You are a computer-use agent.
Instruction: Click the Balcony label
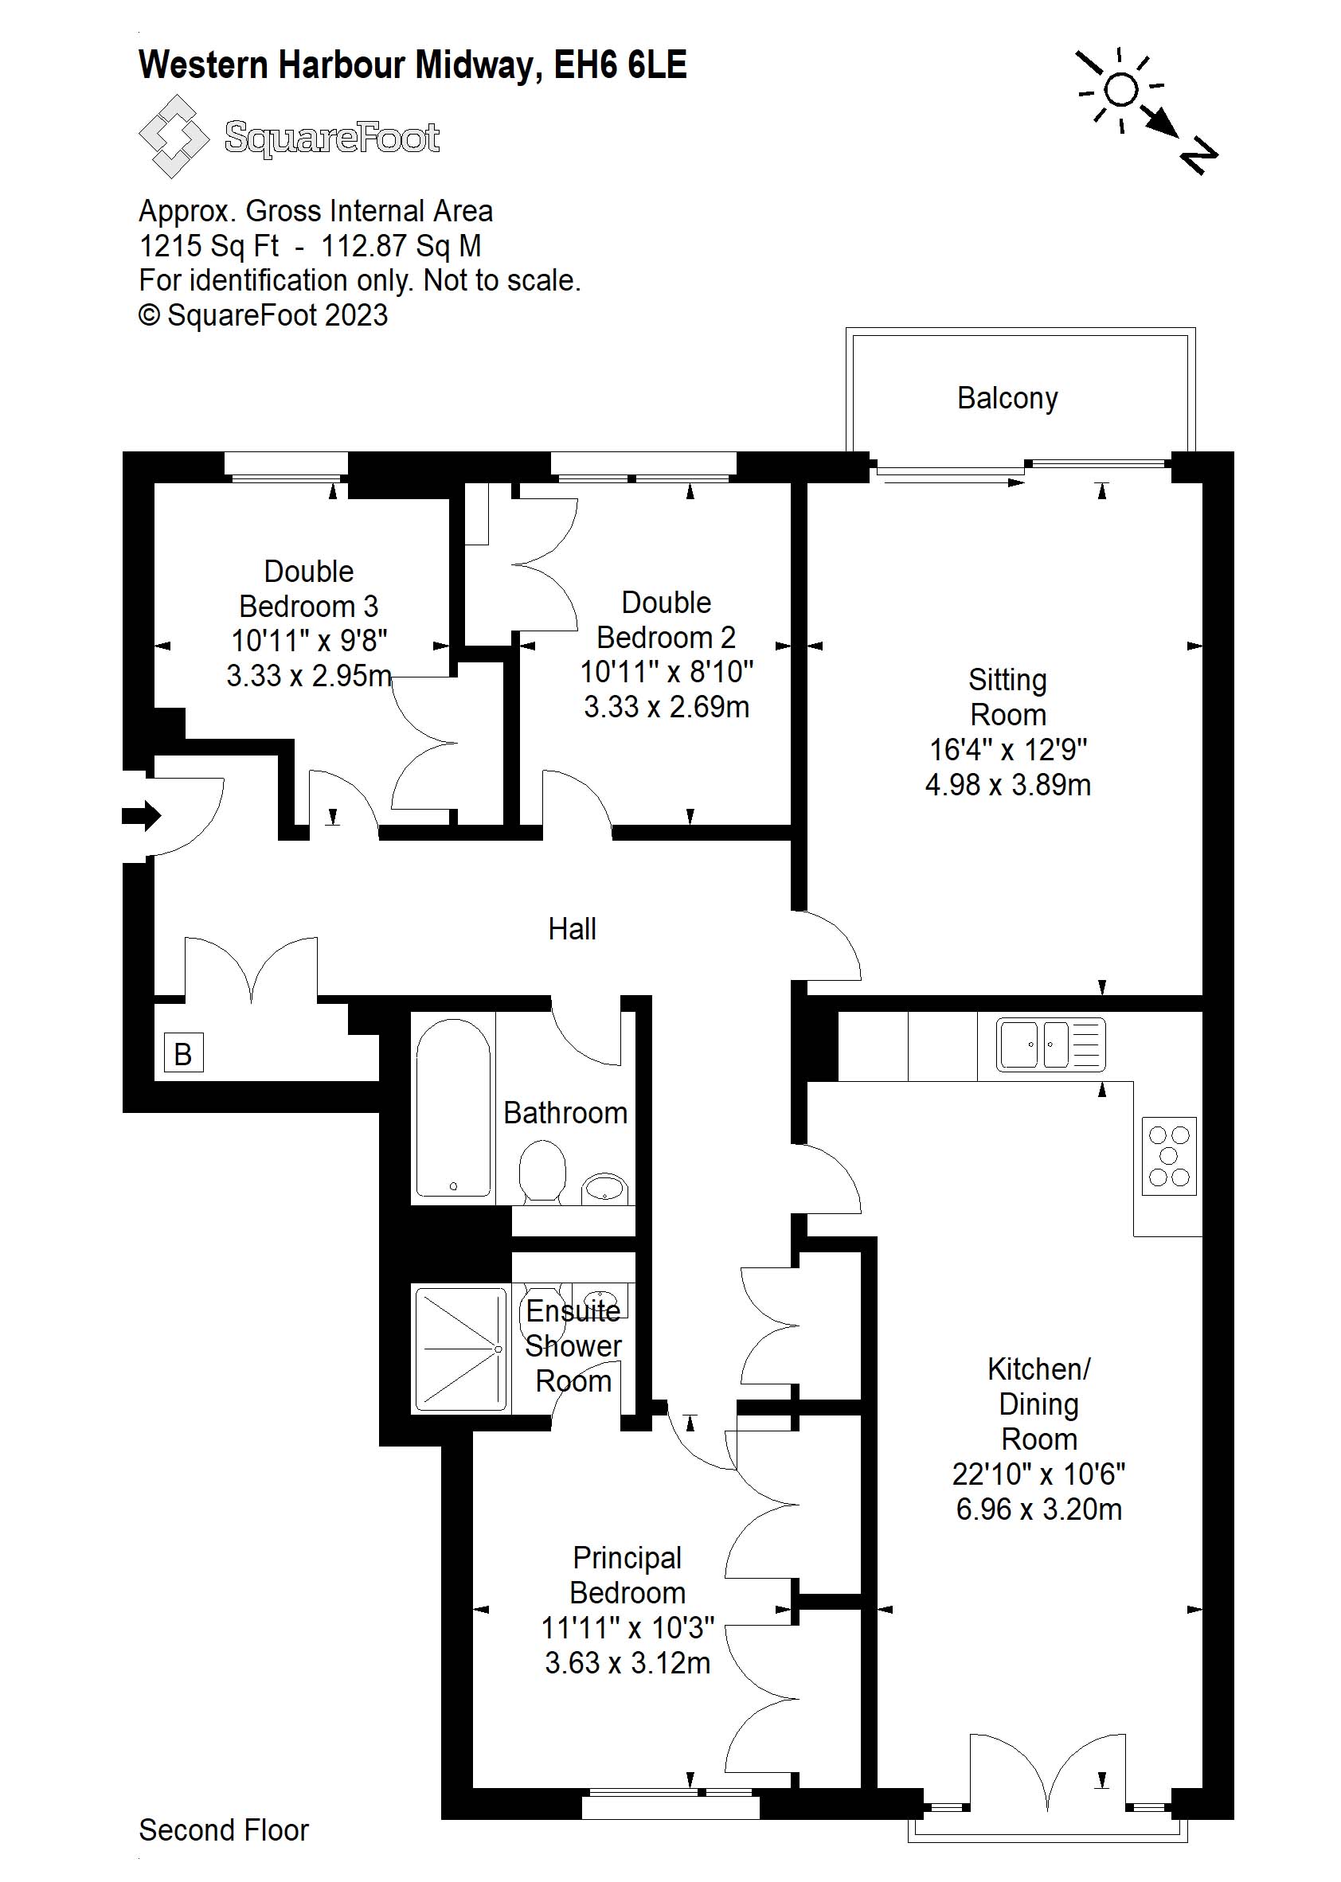coord(1007,399)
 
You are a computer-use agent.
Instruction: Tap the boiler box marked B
coord(183,1053)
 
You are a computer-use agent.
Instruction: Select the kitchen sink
coord(1050,1044)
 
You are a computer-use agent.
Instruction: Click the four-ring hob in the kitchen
coord(1168,1156)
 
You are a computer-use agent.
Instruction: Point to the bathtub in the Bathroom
coord(453,1107)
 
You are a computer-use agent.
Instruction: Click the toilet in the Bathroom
coord(542,1170)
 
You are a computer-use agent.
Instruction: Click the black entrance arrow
coord(141,815)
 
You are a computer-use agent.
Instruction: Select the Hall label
coord(573,929)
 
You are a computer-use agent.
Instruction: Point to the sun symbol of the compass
coord(1120,90)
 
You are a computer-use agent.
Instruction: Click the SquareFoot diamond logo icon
coord(174,136)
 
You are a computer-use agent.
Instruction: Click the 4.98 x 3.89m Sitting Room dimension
coord(1007,784)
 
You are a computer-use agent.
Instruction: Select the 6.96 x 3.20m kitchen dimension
coord(1038,1509)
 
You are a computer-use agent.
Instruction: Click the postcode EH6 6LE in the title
coord(620,65)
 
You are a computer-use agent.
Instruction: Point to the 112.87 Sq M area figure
coord(401,246)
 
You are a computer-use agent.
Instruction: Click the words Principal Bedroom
coord(627,1575)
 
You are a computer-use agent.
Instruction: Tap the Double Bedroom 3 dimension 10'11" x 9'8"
coord(309,641)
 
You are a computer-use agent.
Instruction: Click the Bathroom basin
coord(605,1188)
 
